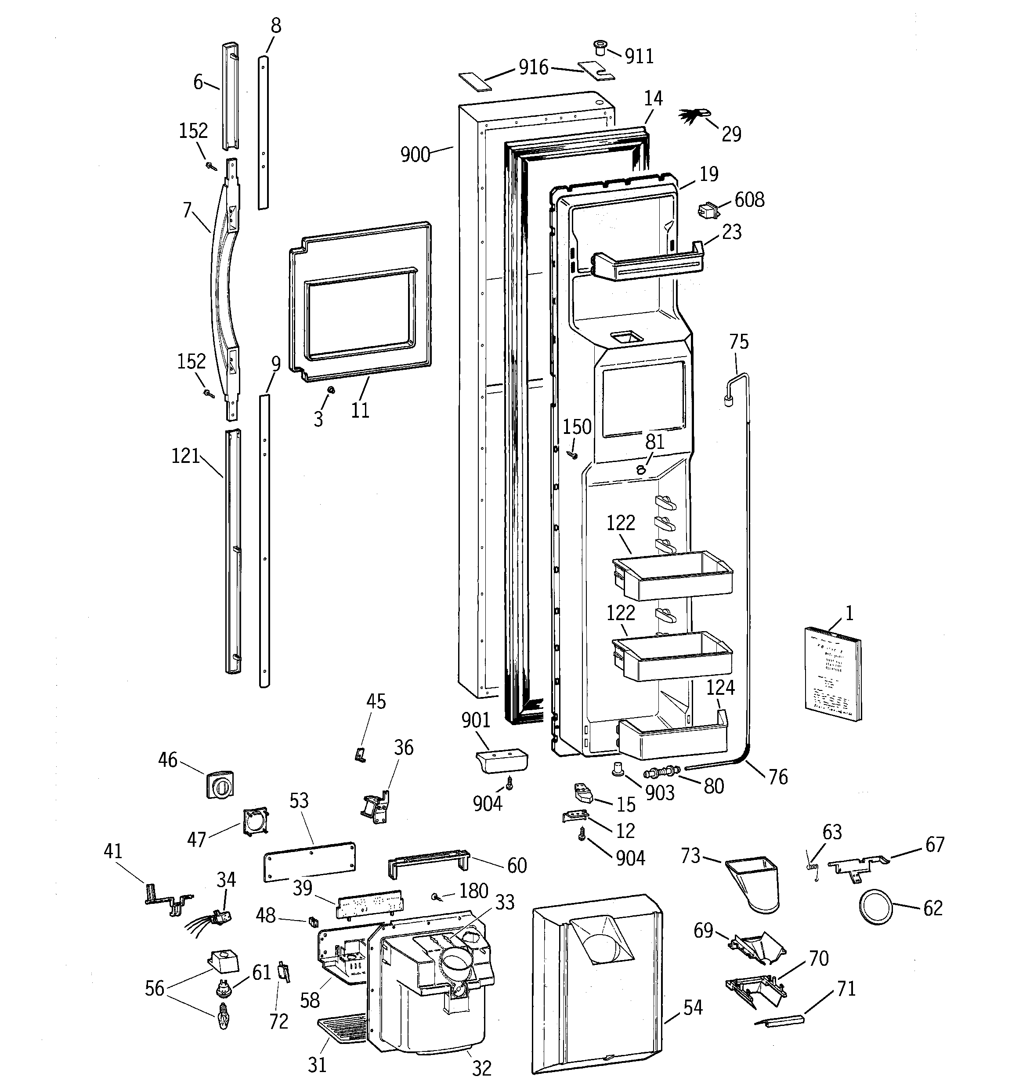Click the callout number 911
click(x=639, y=56)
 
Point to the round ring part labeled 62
click(x=876, y=906)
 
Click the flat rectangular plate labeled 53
click(x=310, y=862)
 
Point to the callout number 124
click(x=720, y=687)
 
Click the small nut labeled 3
click(x=331, y=390)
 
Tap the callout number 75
click(x=739, y=342)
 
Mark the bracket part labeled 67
click(x=857, y=866)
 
